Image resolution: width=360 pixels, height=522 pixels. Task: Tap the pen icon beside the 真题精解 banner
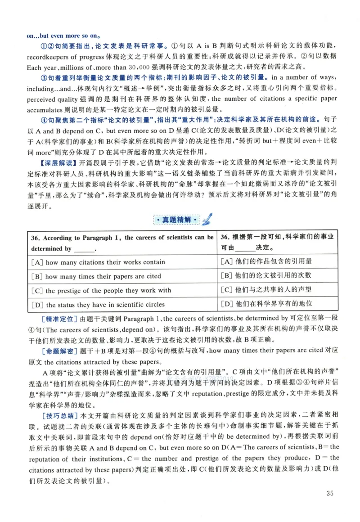tap(207, 219)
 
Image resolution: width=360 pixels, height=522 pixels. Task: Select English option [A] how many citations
tap(98, 262)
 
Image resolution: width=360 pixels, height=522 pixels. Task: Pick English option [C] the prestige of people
tap(100, 290)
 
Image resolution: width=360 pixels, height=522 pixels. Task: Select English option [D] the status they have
tap(98, 305)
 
